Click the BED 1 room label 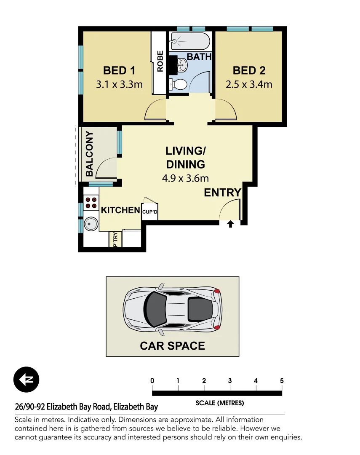[119, 70]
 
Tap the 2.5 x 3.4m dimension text [249, 84]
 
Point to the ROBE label [160, 61]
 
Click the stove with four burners [91, 203]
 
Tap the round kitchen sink [91, 224]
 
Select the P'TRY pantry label [115, 239]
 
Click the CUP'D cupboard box [150, 212]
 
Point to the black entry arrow [231, 224]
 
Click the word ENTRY [222, 193]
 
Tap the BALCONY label [89, 154]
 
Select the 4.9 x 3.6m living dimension [185, 178]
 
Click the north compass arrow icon [26, 380]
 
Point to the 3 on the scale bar [230, 381]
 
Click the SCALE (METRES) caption [219, 403]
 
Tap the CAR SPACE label [172, 346]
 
